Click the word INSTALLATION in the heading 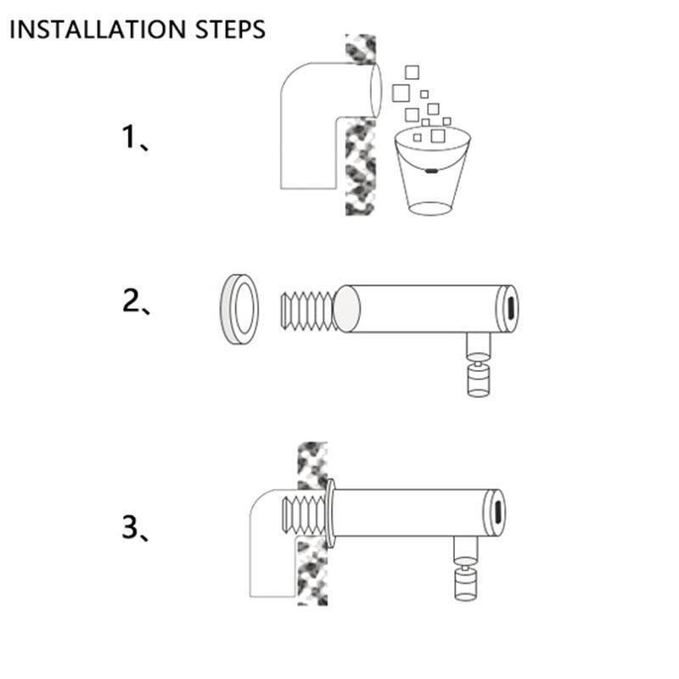pyautogui.click(x=98, y=30)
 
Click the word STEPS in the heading pyautogui.click(x=230, y=30)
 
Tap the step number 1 pyautogui.click(x=130, y=137)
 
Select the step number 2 pyautogui.click(x=131, y=300)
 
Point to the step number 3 pyautogui.click(x=131, y=527)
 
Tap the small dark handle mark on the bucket pyautogui.click(x=431, y=171)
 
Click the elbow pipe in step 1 pyautogui.click(x=308, y=126)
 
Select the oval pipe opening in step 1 pyautogui.click(x=376, y=90)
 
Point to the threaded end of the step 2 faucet pyautogui.click(x=307, y=311)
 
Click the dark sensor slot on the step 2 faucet pyautogui.click(x=510, y=308)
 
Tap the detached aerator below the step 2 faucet pyautogui.click(x=479, y=379)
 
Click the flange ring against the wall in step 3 pyautogui.click(x=330, y=513)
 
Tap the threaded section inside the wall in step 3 pyautogui.click(x=304, y=514)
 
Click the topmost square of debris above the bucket pyautogui.click(x=412, y=72)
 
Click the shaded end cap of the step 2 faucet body pyautogui.click(x=347, y=309)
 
